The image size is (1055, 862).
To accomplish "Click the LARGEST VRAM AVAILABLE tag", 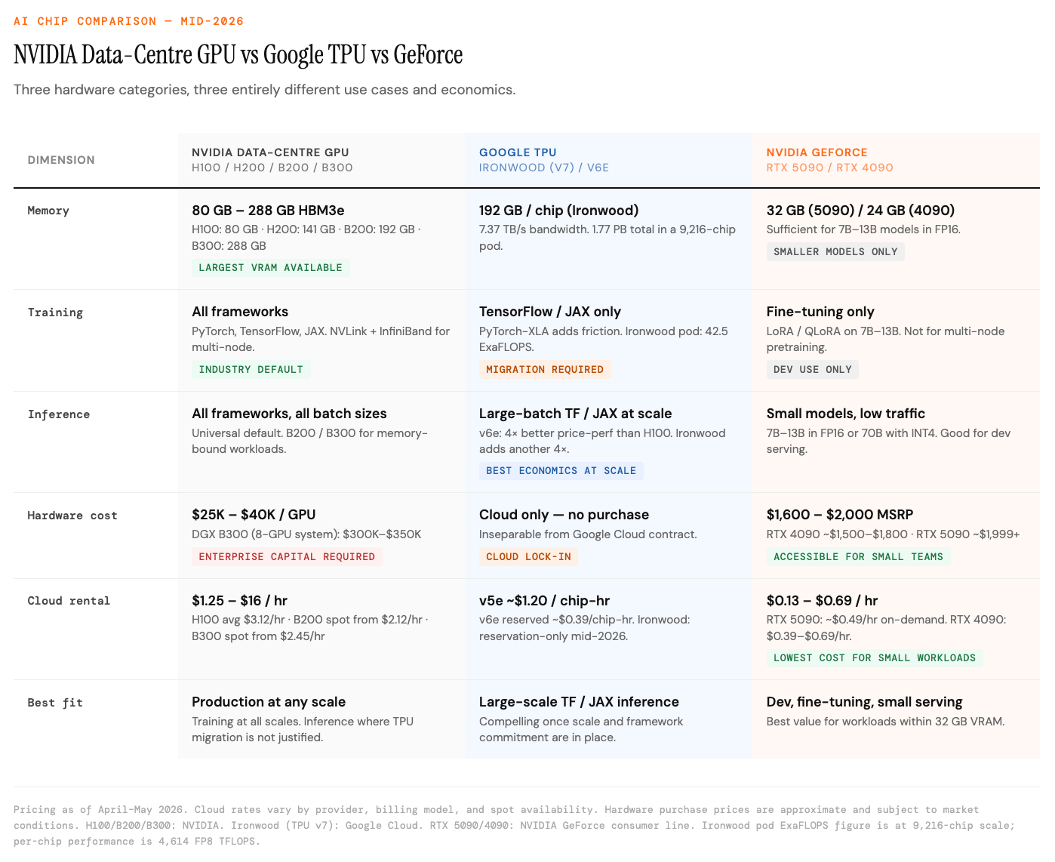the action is pyautogui.click(x=270, y=268).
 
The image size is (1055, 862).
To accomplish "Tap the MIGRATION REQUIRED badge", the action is pyautogui.click(x=544, y=369).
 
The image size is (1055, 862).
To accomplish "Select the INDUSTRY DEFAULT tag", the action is pyautogui.click(x=251, y=369).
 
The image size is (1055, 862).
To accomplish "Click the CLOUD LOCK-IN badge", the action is pyautogui.click(x=528, y=556).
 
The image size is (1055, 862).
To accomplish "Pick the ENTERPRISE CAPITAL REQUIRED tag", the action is pyautogui.click(x=287, y=556).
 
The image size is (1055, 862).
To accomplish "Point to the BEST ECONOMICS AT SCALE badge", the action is pyautogui.click(x=561, y=470).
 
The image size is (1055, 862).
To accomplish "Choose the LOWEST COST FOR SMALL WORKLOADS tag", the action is pyautogui.click(x=874, y=657).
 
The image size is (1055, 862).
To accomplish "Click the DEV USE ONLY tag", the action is pyautogui.click(x=812, y=369).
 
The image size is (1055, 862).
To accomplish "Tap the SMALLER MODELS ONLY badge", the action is pyautogui.click(x=835, y=251).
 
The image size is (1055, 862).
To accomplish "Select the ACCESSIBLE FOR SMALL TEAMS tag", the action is pyautogui.click(x=858, y=556).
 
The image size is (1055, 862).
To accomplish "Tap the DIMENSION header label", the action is pyautogui.click(x=61, y=159).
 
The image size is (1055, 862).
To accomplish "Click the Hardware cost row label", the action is pyautogui.click(x=72, y=516).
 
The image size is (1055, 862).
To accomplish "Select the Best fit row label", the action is pyautogui.click(x=54, y=703).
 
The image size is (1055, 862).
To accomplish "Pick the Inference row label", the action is pyautogui.click(x=59, y=414).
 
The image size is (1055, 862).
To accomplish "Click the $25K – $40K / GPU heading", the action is pyautogui.click(x=253, y=514).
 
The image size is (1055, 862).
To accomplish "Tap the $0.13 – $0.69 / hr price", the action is pyautogui.click(x=821, y=600).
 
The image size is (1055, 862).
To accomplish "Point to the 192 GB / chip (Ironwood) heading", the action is pyautogui.click(x=558, y=210).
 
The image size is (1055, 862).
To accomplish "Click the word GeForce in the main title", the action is pyautogui.click(x=428, y=54).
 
